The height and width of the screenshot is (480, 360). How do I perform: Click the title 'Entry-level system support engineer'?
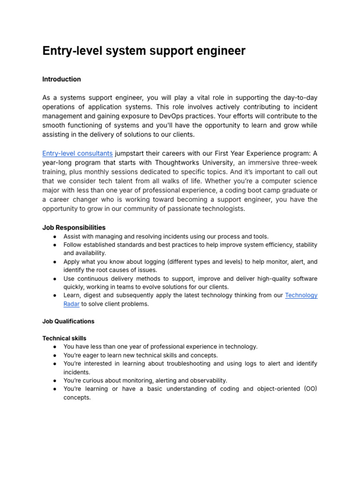tap(144, 51)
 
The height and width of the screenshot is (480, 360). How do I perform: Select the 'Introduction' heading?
tap(61, 79)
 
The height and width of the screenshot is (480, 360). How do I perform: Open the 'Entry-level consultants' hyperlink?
tap(77, 153)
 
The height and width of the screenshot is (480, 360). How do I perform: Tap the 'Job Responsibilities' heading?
tap(74, 227)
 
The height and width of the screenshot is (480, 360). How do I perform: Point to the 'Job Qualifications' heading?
tap(68, 321)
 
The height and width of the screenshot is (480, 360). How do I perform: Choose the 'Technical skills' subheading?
tap(64, 338)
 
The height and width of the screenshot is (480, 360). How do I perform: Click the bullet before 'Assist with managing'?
tap(55, 236)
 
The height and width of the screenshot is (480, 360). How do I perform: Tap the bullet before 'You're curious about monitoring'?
tap(55, 380)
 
